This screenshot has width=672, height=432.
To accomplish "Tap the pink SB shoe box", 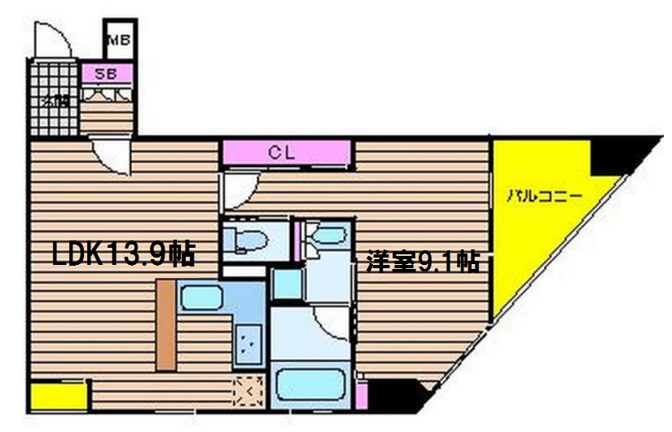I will click(x=107, y=74).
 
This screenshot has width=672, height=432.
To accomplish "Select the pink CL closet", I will click(x=286, y=152).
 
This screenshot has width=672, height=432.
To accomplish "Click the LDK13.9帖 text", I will click(x=123, y=255).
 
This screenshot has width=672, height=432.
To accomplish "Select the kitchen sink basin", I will click(x=202, y=299).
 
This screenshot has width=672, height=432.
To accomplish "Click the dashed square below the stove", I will click(x=248, y=392).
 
